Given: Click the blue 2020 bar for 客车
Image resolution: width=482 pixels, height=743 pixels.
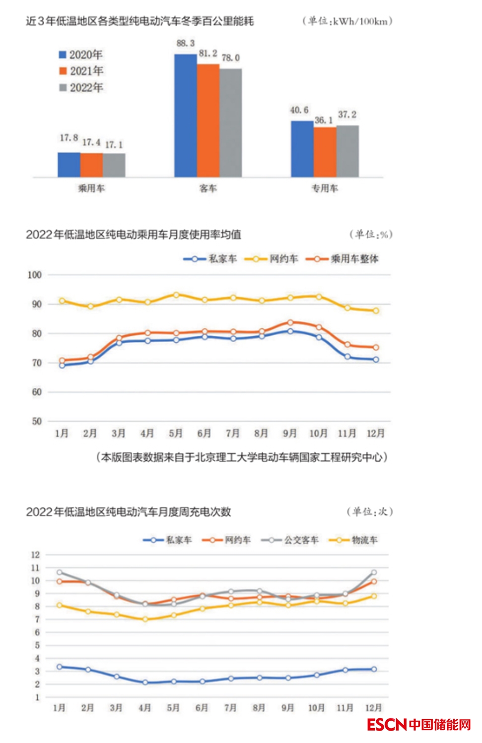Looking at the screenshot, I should [x=185, y=116].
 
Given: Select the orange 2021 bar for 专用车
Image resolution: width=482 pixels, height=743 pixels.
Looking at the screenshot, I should [x=325, y=152].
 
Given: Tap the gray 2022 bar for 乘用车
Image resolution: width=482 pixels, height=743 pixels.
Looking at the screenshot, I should [x=114, y=165].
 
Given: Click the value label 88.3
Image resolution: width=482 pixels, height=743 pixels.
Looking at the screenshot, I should [x=186, y=44].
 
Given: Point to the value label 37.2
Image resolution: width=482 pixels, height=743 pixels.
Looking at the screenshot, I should [x=347, y=115].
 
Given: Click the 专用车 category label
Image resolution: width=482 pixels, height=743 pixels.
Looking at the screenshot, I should [x=325, y=188].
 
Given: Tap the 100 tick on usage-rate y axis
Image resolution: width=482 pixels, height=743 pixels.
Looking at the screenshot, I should [x=35, y=275].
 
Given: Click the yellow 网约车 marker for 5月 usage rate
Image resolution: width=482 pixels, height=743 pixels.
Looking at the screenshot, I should [x=176, y=295].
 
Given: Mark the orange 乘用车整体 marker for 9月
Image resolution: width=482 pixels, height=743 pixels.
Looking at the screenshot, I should [x=290, y=322].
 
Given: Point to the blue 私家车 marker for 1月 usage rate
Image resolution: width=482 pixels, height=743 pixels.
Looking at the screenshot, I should [x=62, y=366].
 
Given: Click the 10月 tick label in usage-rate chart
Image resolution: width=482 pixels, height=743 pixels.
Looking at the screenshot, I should [x=318, y=433].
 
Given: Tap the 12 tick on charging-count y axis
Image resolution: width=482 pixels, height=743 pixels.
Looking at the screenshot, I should [x=35, y=555].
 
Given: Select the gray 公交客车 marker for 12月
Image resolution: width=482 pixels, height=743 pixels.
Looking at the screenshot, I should [x=374, y=572].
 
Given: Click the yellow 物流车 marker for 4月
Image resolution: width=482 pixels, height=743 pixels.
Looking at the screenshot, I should [x=145, y=619].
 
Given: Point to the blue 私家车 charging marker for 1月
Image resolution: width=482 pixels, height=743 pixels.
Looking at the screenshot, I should [x=60, y=667].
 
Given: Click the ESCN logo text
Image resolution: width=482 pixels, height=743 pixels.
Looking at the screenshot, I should [x=387, y=725].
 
